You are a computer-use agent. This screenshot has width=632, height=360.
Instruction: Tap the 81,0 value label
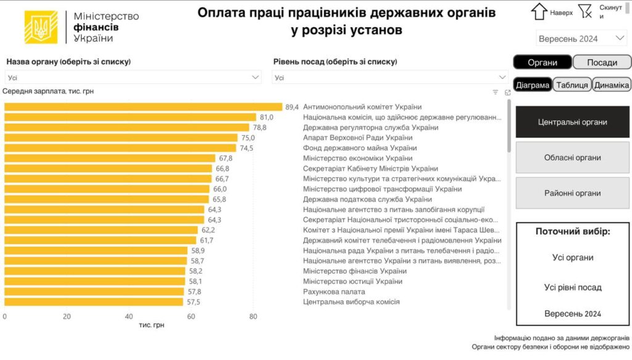(267, 117)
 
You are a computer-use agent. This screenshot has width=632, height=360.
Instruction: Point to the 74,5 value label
(246, 148)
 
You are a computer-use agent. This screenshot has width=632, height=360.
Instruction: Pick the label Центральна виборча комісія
(351, 302)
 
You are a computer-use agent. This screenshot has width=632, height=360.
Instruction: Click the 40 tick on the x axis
(129, 316)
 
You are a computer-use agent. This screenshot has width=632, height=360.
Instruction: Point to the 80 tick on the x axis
(253, 316)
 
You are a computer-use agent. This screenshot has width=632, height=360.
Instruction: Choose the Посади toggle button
(602, 62)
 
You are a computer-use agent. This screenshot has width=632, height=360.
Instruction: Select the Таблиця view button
(571, 85)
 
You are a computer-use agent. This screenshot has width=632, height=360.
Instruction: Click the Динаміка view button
(612, 85)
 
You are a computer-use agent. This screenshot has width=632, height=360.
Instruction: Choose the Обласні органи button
(572, 157)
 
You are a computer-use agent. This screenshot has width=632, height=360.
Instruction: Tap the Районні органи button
(572, 193)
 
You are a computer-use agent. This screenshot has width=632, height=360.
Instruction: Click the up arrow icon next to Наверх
(539, 11)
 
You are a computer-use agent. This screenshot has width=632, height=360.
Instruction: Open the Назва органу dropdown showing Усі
(133, 77)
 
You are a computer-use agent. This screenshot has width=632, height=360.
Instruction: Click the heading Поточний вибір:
(573, 231)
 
